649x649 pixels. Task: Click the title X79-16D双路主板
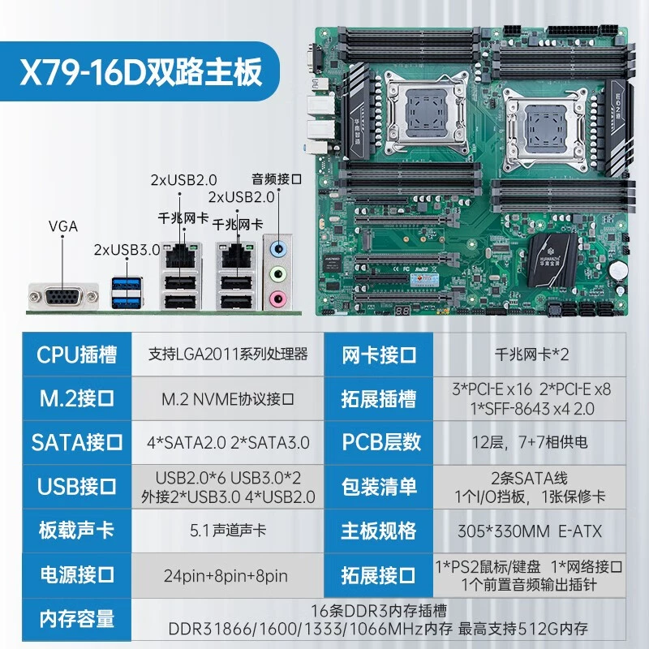tap(141, 71)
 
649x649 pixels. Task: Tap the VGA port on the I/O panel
tap(63, 296)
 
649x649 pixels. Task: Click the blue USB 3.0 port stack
tap(127, 293)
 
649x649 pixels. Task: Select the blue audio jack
tap(278, 249)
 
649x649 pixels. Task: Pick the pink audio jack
tap(278, 299)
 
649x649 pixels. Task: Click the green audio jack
tap(278, 273)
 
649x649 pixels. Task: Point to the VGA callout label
tap(63, 226)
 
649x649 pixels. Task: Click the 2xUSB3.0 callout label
tap(127, 250)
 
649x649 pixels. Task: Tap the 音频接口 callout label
tap(277, 179)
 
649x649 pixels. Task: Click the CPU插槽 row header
tap(76, 355)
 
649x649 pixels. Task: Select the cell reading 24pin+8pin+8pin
tap(226, 576)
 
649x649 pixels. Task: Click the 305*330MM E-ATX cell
tap(530, 531)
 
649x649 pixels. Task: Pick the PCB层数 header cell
tap(379, 442)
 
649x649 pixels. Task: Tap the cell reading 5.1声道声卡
tap(227, 531)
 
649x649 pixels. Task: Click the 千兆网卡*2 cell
tap(530, 355)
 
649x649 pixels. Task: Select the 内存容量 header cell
tap(76, 619)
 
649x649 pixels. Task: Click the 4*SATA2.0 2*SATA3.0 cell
tap(227, 442)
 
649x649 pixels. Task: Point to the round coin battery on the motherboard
tap(618, 271)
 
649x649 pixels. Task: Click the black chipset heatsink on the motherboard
tap(552, 260)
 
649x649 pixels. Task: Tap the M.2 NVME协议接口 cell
tap(227, 399)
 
